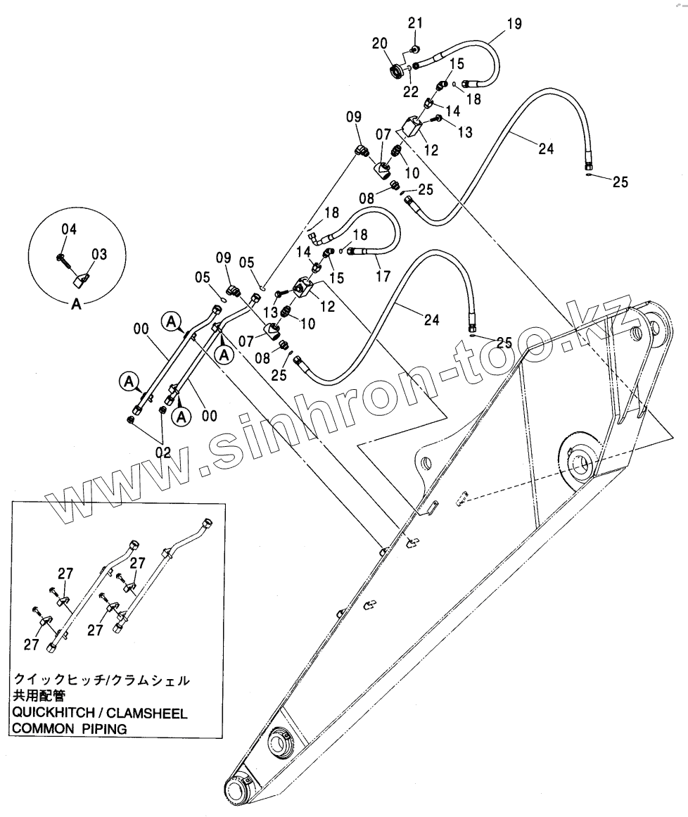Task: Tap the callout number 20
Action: point(381,44)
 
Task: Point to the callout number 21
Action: point(414,24)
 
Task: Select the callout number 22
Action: point(411,91)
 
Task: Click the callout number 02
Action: point(163,452)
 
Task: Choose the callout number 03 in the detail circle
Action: point(99,254)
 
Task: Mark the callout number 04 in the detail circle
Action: point(68,229)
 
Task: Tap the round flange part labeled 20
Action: point(399,71)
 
